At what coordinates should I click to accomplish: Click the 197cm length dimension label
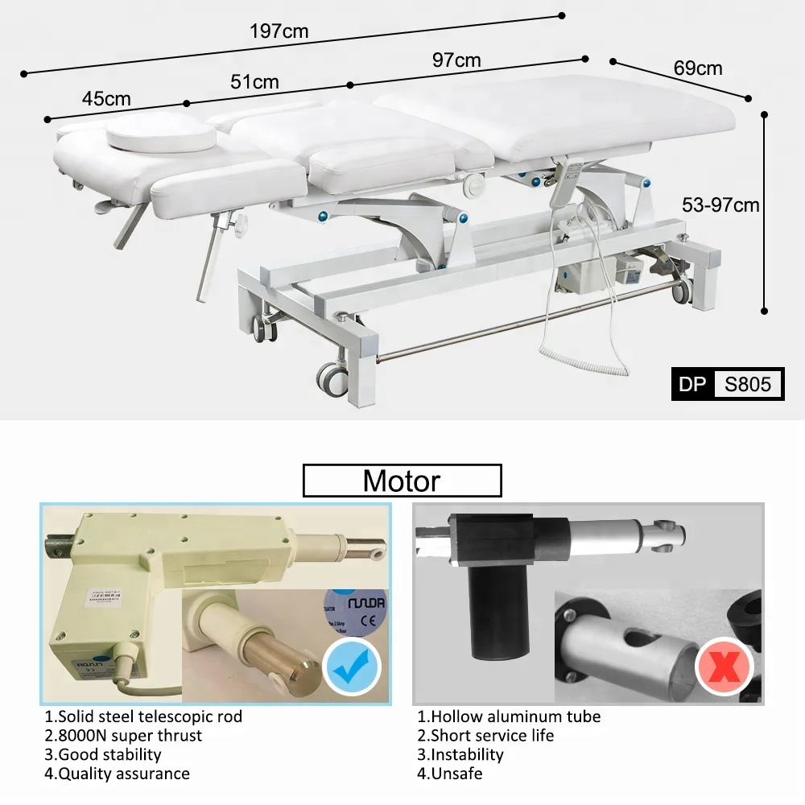(279, 32)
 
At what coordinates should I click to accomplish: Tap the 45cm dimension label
(106, 99)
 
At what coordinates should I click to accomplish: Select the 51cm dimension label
(254, 82)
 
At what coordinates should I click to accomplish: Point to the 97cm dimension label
(456, 60)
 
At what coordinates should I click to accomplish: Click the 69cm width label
(698, 68)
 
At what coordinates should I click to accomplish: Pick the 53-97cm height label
(720, 205)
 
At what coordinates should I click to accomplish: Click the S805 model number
(748, 383)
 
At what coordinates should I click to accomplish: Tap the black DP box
(692, 383)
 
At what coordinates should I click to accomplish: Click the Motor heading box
(402, 481)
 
